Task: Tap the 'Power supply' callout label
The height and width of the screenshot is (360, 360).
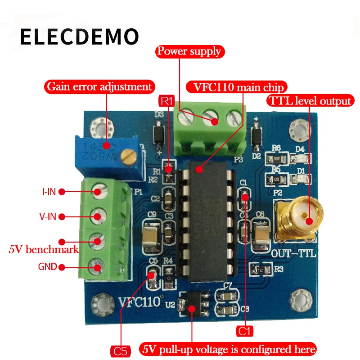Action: click(x=189, y=51)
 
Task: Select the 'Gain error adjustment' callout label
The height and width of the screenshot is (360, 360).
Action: click(x=99, y=85)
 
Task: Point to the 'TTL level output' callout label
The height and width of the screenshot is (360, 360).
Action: click(x=309, y=100)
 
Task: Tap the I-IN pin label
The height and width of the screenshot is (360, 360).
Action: click(x=49, y=192)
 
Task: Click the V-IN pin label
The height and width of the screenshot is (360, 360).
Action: click(x=48, y=217)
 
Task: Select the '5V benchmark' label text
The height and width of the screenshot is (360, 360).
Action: click(x=44, y=249)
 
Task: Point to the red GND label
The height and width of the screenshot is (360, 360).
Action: click(x=47, y=267)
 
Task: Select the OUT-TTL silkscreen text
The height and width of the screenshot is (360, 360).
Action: click(x=293, y=254)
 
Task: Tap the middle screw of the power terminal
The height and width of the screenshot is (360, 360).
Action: click(x=211, y=119)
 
